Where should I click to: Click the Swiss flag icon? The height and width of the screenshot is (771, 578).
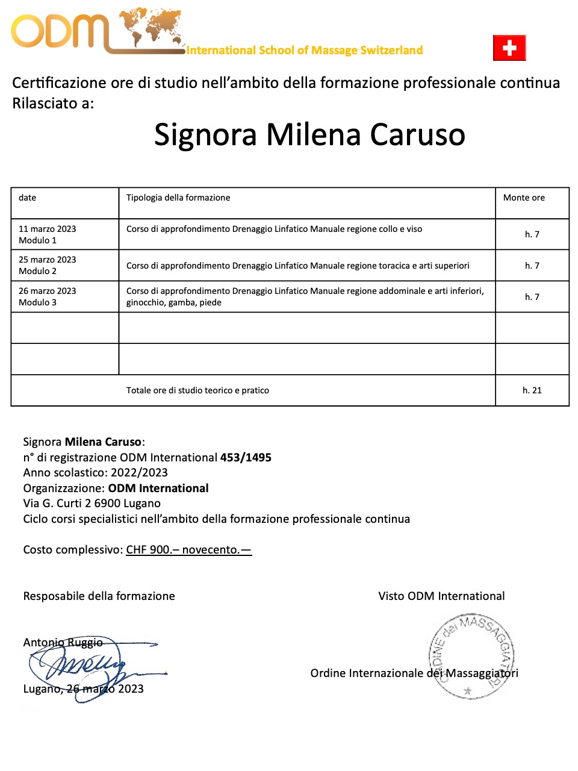509,48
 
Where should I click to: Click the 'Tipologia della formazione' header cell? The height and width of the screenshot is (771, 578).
178,198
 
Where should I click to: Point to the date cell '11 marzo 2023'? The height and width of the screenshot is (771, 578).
48,229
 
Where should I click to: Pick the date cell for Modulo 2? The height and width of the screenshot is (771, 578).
48,265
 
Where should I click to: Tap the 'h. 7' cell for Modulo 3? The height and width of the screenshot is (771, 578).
532,296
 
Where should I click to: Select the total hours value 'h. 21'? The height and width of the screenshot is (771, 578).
532,390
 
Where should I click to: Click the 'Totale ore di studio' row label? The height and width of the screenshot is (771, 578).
197,390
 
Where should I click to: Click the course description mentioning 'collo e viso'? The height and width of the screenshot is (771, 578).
274,229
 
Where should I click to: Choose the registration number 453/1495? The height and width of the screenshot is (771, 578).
246,457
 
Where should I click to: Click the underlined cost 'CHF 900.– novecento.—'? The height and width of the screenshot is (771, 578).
188,549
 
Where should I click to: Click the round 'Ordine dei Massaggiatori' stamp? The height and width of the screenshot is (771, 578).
471,656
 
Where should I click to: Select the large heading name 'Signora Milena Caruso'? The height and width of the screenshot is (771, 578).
309,134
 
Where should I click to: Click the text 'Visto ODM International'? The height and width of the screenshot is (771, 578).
441,596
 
